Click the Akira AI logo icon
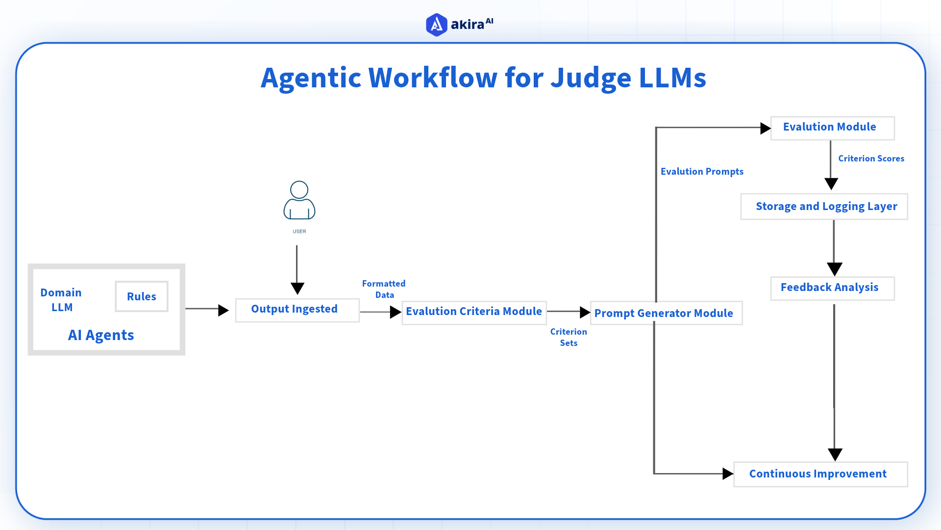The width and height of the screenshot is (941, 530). [x=436, y=25]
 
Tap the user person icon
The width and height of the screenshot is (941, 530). [x=299, y=200]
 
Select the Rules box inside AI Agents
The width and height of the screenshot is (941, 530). [x=142, y=296]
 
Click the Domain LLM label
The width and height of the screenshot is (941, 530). [x=61, y=300]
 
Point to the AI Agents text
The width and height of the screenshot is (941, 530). [x=101, y=335]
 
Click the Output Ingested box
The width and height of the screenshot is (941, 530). [x=297, y=310]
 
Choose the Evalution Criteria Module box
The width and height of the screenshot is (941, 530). [x=474, y=312]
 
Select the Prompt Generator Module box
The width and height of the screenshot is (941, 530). [x=666, y=313]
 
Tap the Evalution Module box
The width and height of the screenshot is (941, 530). [x=832, y=128]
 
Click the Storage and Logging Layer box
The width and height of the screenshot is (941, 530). [x=824, y=207]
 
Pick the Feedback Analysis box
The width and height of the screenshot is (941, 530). [x=832, y=288]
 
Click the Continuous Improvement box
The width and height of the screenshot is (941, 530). [x=820, y=474]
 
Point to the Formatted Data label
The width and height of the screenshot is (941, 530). [x=384, y=289]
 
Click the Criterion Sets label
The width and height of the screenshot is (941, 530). [x=569, y=337]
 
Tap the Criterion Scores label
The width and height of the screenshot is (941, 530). [x=871, y=159]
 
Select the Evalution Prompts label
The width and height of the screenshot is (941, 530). [x=702, y=172]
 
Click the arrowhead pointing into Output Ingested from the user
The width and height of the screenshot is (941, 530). [x=297, y=288]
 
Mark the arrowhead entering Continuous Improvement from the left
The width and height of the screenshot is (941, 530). [x=728, y=474]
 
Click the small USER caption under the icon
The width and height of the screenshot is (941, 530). [x=299, y=231]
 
